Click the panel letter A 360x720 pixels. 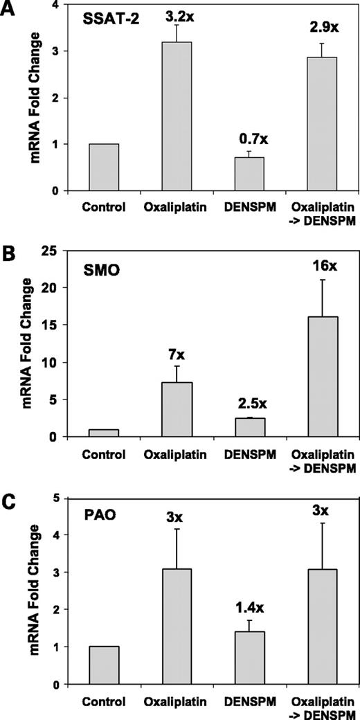pos(9,9)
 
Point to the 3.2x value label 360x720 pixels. pos(177,12)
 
